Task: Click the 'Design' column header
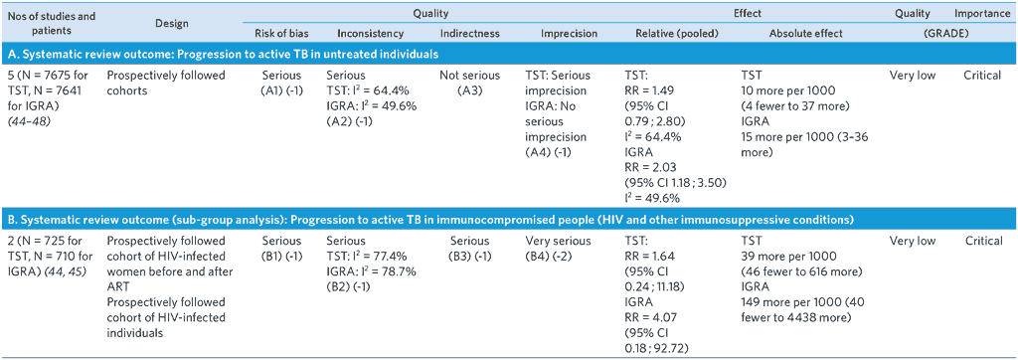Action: [172, 24]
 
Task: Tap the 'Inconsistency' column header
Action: [368, 34]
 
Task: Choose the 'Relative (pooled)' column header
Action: [670, 34]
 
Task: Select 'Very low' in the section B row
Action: [913, 241]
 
